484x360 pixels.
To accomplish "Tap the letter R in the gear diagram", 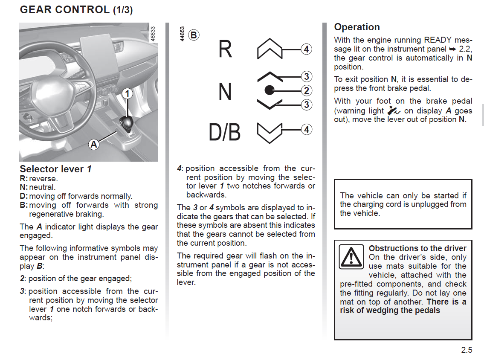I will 225,49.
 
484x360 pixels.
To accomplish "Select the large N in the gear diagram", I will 225,91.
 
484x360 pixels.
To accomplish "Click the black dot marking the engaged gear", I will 269,90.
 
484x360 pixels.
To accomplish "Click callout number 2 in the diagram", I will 306,90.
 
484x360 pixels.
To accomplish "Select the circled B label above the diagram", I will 194,35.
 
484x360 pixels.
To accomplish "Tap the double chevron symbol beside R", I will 270,49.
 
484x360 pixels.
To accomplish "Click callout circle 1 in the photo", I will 127,93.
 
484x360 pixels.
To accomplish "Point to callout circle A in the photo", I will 94,145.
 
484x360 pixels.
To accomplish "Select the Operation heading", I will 356,27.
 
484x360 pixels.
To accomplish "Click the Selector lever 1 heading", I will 55,169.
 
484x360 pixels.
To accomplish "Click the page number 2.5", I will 467,350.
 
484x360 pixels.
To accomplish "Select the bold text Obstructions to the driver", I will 417,248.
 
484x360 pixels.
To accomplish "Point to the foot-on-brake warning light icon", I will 395,110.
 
